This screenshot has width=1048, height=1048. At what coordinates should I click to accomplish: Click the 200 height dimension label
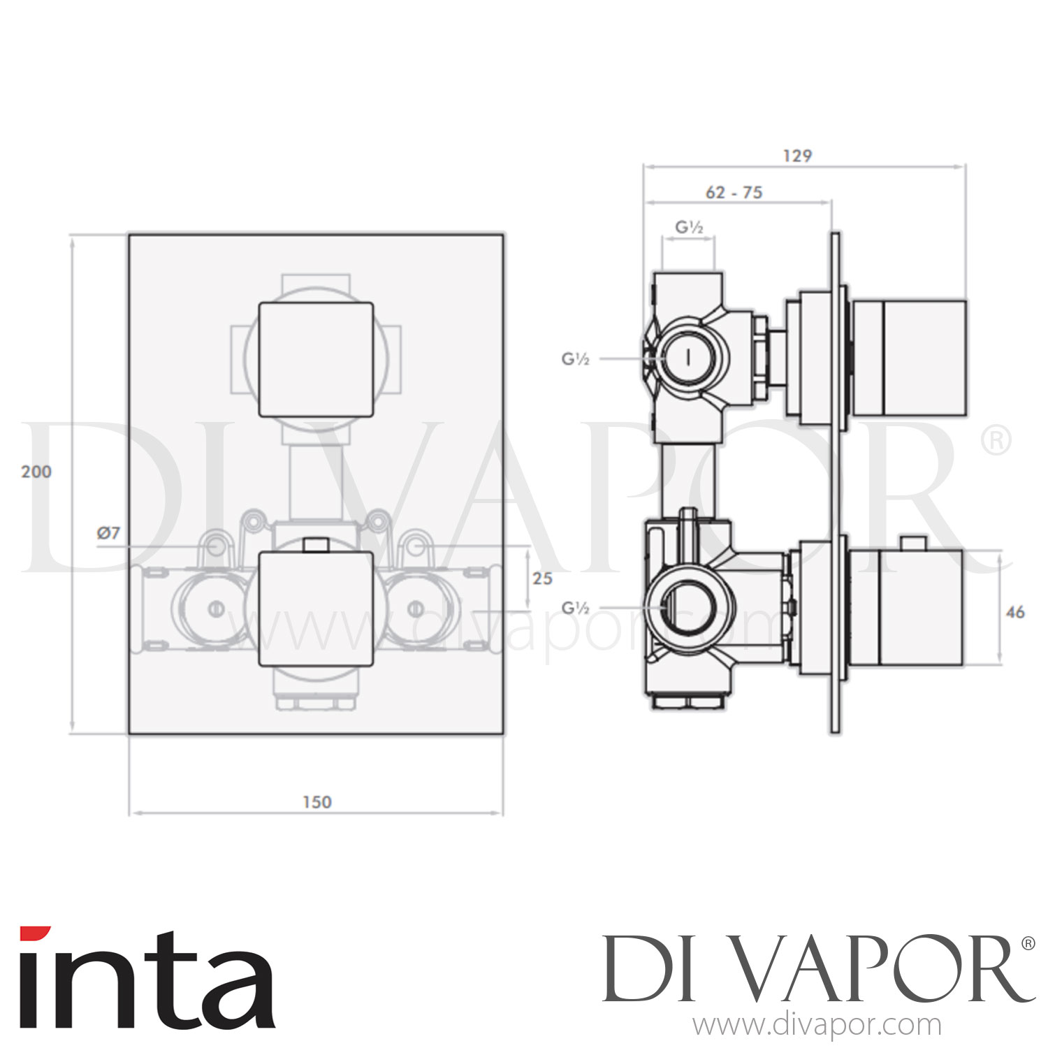(x=36, y=472)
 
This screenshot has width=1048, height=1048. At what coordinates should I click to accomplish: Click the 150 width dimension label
(x=316, y=802)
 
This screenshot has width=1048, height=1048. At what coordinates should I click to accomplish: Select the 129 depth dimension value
(x=797, y=156)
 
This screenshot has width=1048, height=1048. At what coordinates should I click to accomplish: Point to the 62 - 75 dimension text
(x=734, y=193)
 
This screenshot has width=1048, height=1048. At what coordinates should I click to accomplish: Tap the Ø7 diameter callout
(x=108, y=533)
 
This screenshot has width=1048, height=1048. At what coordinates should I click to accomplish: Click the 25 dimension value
(x=542, y=578)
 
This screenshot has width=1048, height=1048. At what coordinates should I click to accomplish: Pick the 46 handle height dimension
(x=1014, y=612)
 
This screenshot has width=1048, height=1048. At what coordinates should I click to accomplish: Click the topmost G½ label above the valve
(x=689, y=227)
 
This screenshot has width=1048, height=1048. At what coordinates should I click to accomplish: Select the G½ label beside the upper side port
(x=576, y=358)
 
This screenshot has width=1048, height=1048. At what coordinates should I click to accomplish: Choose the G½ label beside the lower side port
(x=576, y=608)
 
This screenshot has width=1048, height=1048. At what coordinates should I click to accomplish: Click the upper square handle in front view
(x=316, y=359)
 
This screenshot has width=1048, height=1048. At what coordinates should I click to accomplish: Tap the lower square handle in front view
(x=316, y=608)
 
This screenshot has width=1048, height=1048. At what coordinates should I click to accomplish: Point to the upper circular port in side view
(x=688, y=358)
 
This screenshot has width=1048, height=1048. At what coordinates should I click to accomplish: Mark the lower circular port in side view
(x=689, y=606)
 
